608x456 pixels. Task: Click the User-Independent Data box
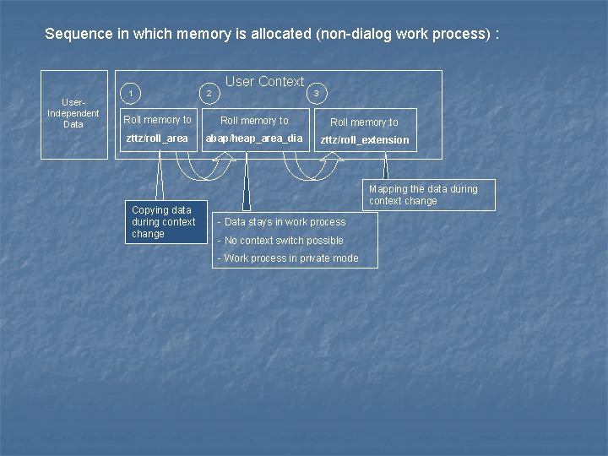click(x=73, y=113)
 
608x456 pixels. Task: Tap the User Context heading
click(x=264, y=81)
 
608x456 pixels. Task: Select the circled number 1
click(x=130, y=92)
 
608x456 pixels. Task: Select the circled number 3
click(x=316, y=93)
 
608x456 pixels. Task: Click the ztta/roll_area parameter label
click(x=157, y=138)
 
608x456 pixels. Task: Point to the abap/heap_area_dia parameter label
click(x=254, y=138)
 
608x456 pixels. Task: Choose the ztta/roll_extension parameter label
click(x=364, y=140)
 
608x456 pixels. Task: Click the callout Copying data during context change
click(x=166, y=221)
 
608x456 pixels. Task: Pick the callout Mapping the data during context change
click(x=429, y=195)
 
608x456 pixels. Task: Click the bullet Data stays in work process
click(x=281, y=222)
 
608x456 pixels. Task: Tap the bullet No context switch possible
click(x=280, y=241)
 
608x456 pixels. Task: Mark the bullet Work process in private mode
click(x=288, y=258)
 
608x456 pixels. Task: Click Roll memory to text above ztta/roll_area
click(x=158, y=120)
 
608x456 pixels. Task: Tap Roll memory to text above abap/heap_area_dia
click(x=254, y=121)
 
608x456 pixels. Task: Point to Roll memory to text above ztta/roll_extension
click(x=364, y=122)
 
